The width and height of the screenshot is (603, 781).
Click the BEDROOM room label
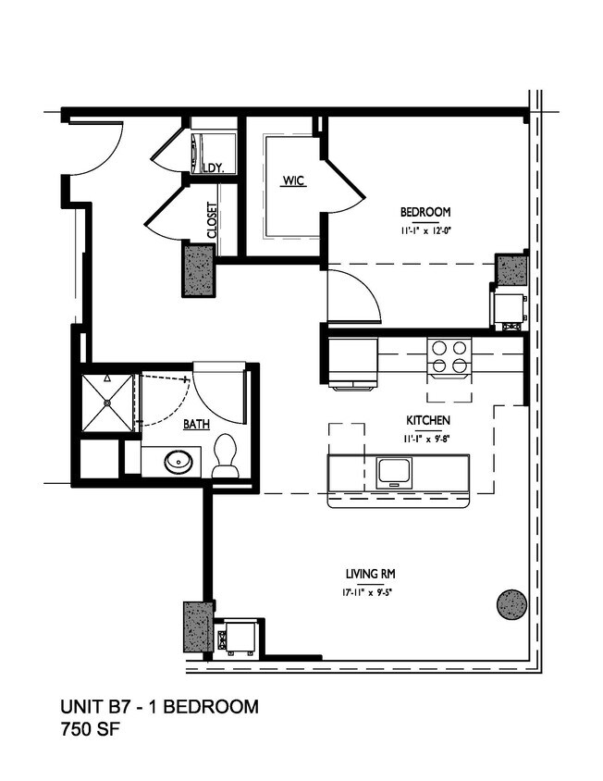click(x=426, y=212)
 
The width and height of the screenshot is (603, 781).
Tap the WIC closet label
click(x=293, y=180)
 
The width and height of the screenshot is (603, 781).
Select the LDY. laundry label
click(x=215, y=167)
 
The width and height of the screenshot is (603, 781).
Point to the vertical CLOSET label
click(x=212, y=221)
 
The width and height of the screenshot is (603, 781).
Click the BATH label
click(x=195, y=425)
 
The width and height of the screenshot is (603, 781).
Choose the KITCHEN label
click(x=427, y=421)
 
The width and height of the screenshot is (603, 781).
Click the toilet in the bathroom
click(x=225, y=458)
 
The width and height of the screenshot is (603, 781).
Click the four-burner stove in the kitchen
click(x=449, y=356)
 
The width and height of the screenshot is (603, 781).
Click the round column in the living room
click(x=512, y=604)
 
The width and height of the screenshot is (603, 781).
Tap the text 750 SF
click(x=90, y=730)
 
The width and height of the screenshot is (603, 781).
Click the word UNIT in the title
click(x=81, y=708)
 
